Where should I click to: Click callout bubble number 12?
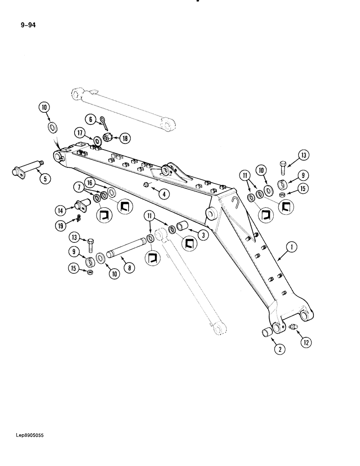306,343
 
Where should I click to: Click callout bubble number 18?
125,138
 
